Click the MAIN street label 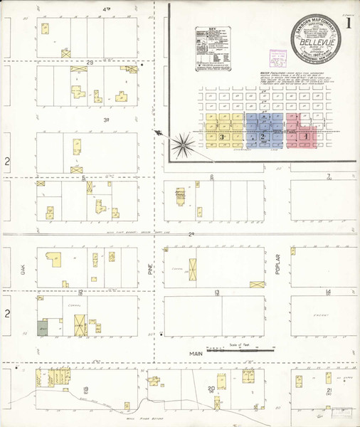[x=197, y=353]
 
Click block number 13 [x=216, y=292]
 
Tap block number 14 [x=328, y=292]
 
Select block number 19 [x=87, y=389]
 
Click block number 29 [x=90, y=63]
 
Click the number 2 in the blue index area [x=264, y=136]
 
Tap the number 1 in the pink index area [x=305, y=135]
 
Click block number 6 [x=212, y=177]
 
